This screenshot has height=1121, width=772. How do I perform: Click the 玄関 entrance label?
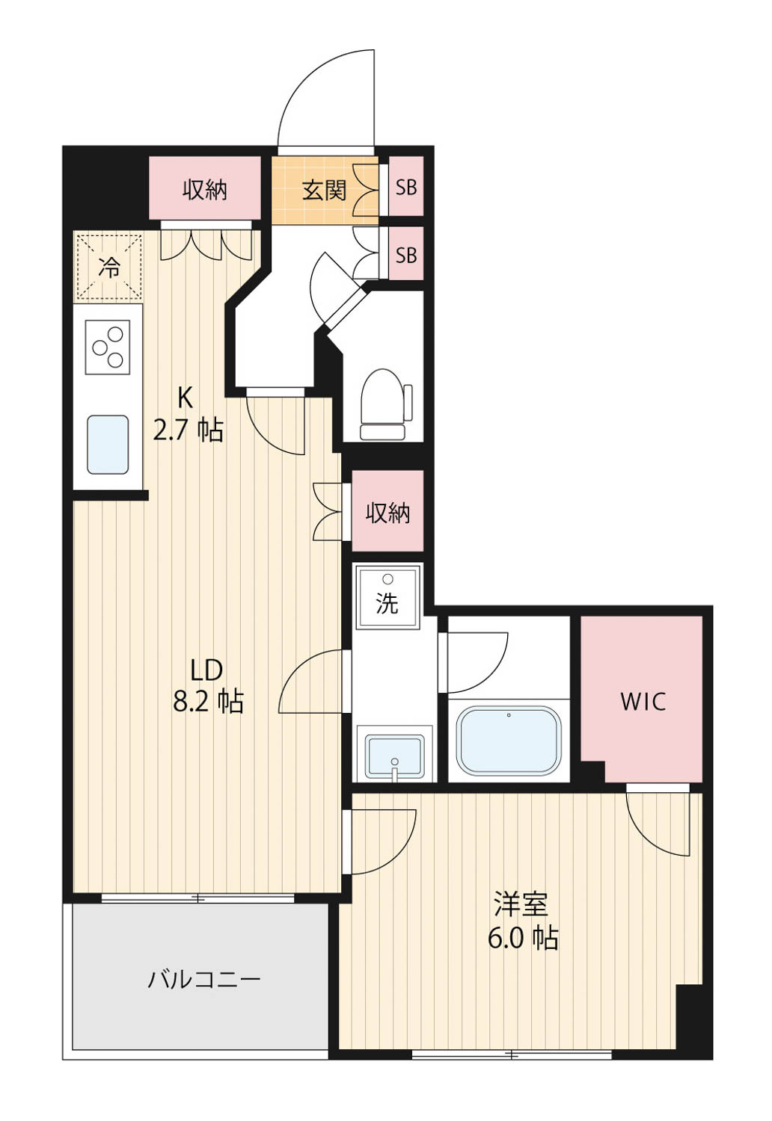point(324,190)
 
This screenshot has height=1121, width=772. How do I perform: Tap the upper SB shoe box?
point(405,186)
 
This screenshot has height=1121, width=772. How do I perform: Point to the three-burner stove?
point(108,347)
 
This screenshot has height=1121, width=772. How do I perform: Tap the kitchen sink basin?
point(108,444)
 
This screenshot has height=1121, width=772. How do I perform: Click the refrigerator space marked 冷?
point(108,268)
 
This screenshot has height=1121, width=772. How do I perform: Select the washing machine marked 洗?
point(387,597)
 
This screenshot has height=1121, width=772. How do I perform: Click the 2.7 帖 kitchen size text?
point(188,430)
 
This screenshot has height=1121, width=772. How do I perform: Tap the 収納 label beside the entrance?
point(205,190)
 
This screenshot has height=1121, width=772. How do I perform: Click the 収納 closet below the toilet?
point(387,510)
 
